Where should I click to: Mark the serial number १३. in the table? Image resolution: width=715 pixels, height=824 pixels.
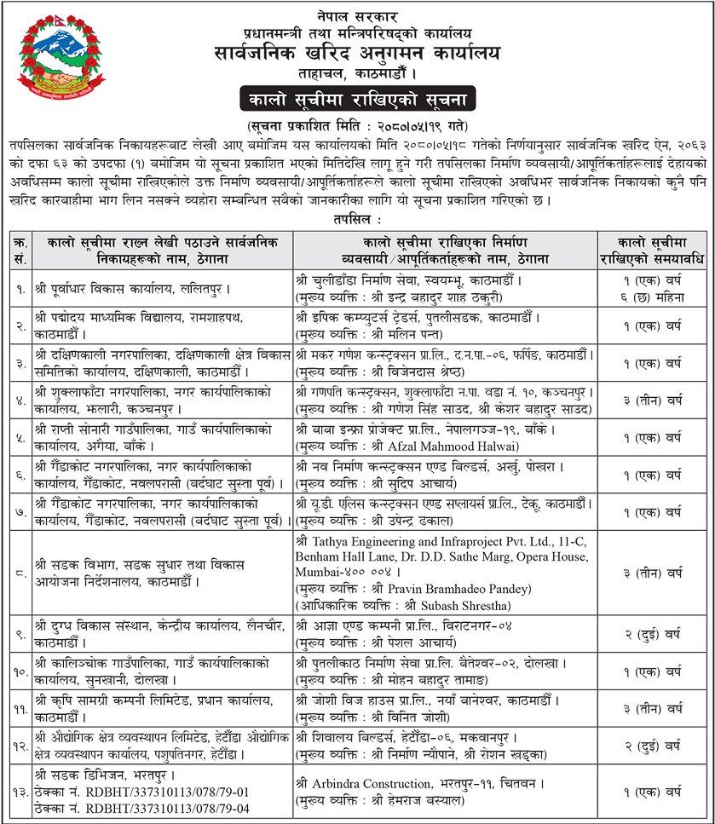point(19,792)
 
